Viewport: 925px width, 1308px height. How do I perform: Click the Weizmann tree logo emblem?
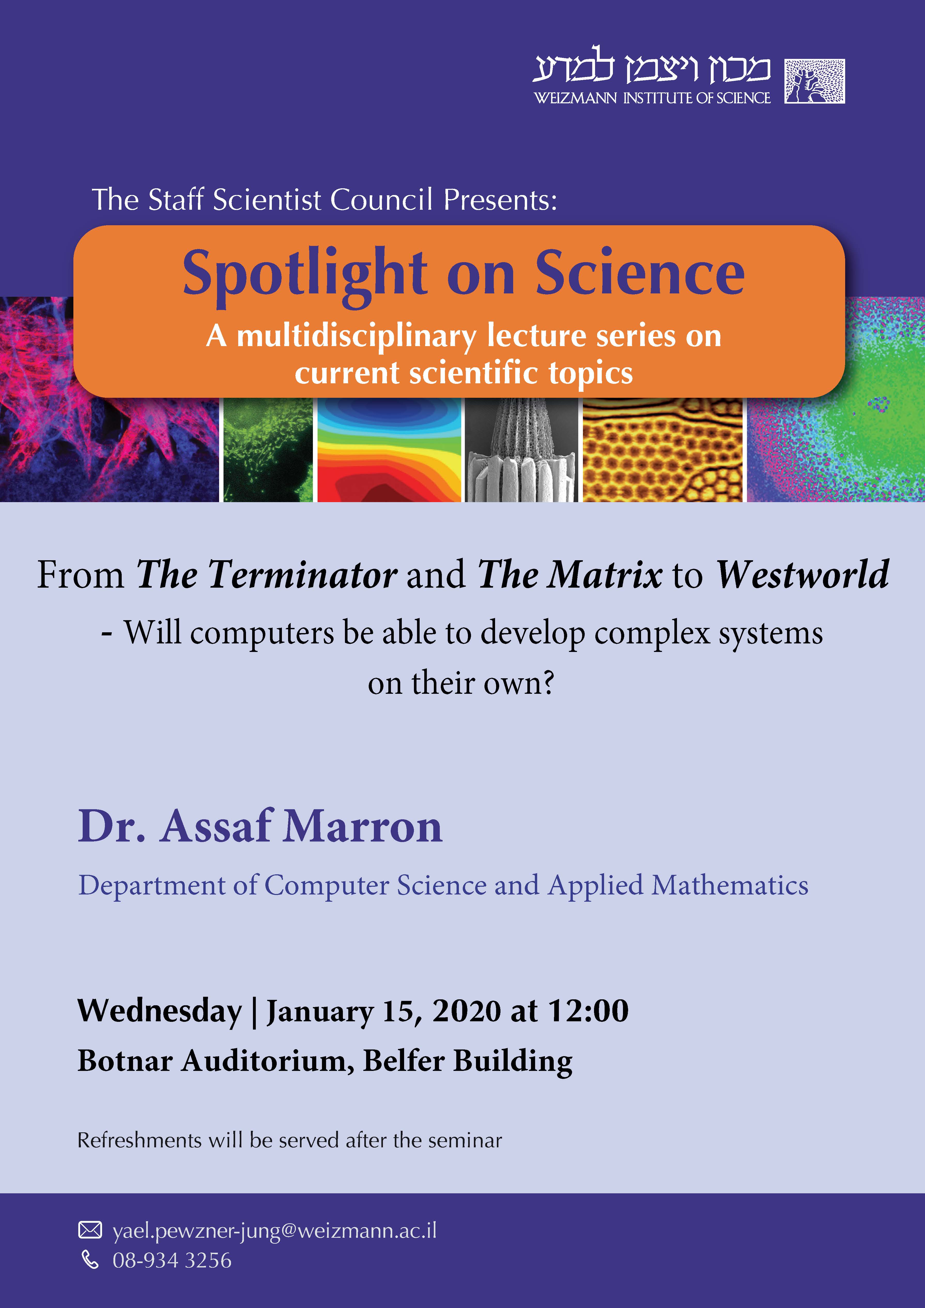click(814, 81)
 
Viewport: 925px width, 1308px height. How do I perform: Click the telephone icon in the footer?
click(90, 1260)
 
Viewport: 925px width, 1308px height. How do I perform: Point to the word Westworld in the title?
click(803, 574)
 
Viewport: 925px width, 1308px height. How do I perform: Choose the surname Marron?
click(363, 827)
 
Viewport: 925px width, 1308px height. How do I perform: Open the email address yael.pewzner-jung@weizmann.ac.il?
click(275, 1231)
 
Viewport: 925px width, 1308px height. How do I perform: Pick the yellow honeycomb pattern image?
click(663, 450)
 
